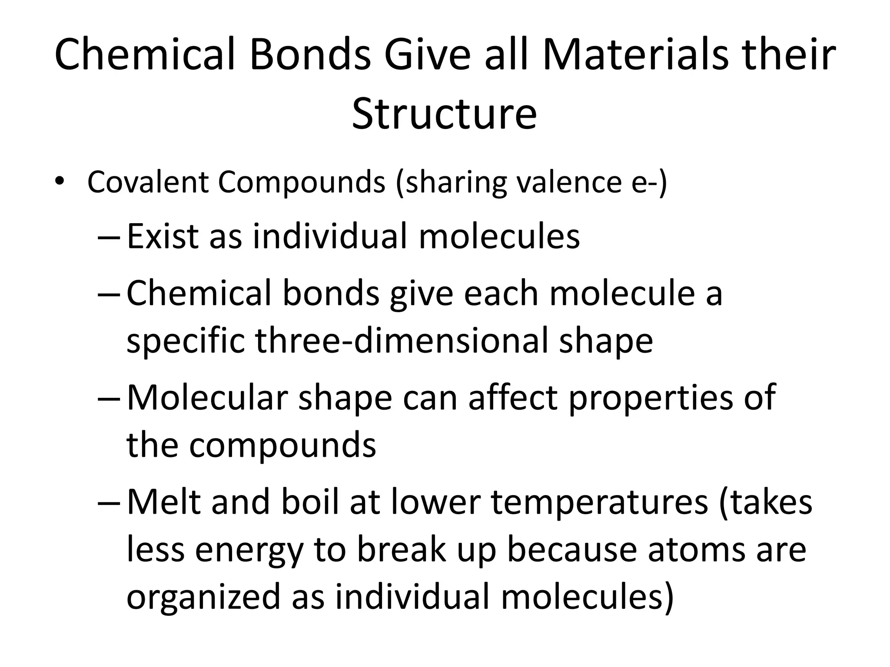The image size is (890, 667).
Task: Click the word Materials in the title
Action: [635, 55]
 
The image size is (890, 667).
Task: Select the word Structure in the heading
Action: [444, 114]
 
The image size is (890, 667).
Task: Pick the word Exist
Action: [163, 236]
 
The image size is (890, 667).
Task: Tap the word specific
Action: [186, 341]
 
